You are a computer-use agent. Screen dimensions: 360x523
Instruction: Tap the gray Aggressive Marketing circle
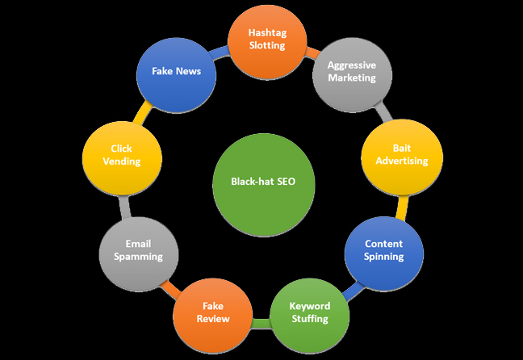click(x=351, y=72)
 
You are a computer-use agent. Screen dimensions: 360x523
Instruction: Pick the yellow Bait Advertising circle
click(x=401, y=154)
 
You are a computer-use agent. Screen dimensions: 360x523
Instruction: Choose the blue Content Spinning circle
click(x=384, y=250)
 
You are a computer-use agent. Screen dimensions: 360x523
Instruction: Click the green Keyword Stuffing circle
click(x=309, y=312)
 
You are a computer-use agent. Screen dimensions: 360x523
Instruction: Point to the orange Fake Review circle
click(x=213, y=312)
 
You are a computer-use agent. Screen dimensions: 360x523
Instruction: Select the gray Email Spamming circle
click(x=138, y=250)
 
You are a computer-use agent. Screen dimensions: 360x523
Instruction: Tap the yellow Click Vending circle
click(x=121, y=154)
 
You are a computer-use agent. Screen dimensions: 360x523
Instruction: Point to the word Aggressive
click(x=352, y=65)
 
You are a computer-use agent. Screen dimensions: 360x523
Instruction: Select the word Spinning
click(x=384, y=257)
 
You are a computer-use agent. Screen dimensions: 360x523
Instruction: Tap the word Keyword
click(x=310, y=306)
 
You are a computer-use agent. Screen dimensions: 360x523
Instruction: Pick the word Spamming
click(x=138, y=257)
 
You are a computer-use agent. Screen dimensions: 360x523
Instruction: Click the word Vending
click(x=122, y=161)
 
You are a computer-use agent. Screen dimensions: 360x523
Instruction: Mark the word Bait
click(x=402, y=149)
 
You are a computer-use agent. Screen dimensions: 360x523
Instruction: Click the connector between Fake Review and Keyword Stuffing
click(x=261, y=324)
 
